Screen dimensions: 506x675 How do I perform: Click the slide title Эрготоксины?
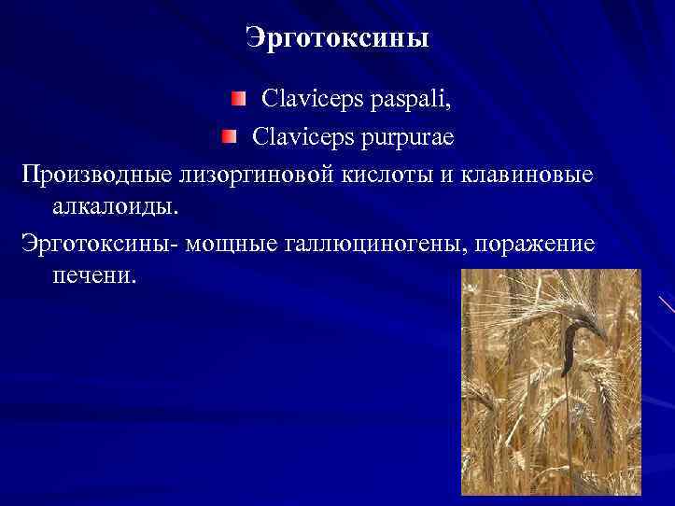pyautogui.click(x=337, y=38)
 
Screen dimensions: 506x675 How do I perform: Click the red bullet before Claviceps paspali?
pyautogui.click(x=241, y=98)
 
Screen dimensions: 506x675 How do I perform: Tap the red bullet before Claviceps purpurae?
pyautogui.click(x=230, y=137)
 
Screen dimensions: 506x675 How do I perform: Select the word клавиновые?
pyautogui.click(x=527, y=176)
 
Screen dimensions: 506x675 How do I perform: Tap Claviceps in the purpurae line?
pyautogui.click(x=298, y=137)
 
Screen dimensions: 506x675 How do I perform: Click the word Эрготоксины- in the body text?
pyautogui.click(x=100, y=244)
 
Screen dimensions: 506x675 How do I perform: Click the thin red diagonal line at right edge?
pyautogui.click(x=666, y=303)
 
